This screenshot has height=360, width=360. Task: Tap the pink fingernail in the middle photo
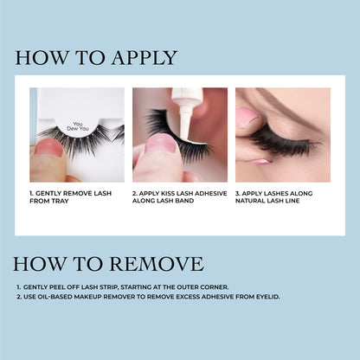pos(160,144)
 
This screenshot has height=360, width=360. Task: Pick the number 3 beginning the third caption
pos(237,194)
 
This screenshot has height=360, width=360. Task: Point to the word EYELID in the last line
pos(265,296)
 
